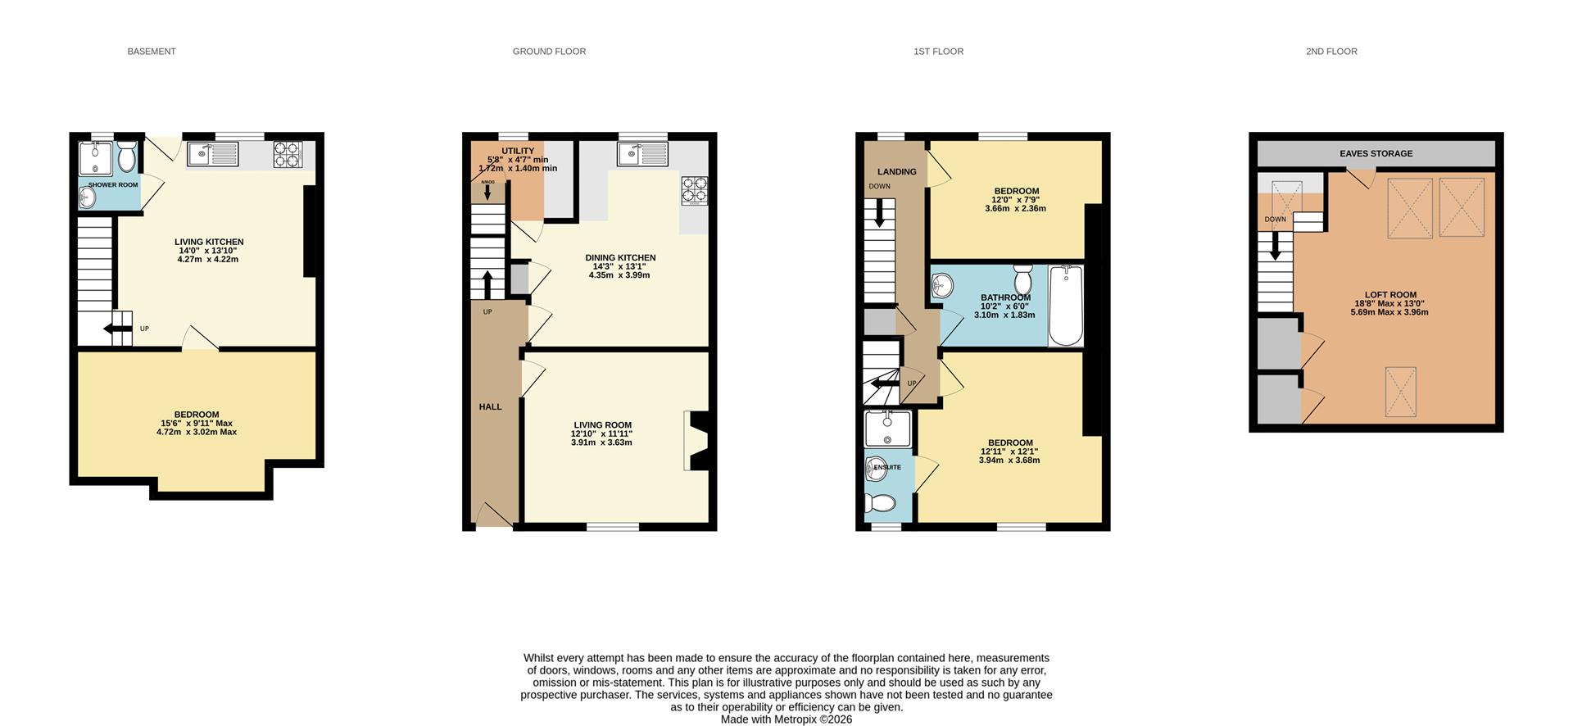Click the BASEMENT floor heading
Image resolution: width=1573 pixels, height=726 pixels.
tap(152, 52)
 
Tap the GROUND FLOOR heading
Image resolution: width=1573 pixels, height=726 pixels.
tap(549, 52)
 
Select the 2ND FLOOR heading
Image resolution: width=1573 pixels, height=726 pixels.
tap(1331, 52)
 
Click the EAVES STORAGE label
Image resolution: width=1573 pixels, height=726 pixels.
tap(1376, 153)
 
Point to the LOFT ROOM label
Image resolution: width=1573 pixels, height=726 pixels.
tap(1390, 295)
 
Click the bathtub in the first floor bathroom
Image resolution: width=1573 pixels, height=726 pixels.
tap(1066, 306)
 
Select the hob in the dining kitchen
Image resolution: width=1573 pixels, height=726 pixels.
tap(694, 190)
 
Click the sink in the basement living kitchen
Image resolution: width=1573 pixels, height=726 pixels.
tap(212, 153)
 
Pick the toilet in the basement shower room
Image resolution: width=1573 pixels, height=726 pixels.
tap(127, 155)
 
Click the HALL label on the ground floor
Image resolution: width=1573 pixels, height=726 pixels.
tap(491, 407)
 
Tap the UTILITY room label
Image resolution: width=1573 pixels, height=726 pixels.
tap(518, 151)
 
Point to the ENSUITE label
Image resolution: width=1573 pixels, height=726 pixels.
tap(887, 467)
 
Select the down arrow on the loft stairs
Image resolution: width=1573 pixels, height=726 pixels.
tap(1275, 246)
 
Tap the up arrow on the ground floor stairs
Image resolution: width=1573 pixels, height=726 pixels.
tap(487, 285)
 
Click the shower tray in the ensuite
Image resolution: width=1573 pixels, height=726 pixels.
tap(887, 429)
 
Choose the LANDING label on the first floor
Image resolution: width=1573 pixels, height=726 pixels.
tap(897, 172)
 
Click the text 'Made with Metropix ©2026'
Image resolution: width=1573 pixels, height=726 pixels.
tap(786, 719)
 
